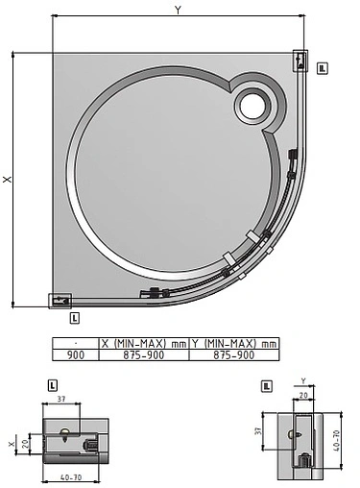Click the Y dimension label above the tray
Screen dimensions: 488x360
click(178, 9)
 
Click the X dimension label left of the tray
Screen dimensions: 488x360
click(7, 179)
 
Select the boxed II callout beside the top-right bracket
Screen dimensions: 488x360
click(323, 67)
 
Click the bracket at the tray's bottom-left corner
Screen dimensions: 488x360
click(60, 300)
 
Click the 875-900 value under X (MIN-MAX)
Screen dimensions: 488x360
click(144, 354)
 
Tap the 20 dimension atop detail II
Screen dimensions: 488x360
click(303, 394)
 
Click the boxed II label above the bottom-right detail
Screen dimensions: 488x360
click(267, 385)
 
